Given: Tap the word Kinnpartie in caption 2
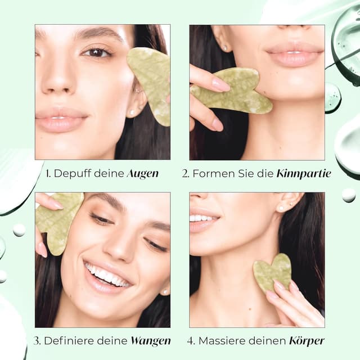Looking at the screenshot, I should click(303, 174).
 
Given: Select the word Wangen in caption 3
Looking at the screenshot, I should click(150, 341).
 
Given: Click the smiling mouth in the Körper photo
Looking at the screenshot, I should click(204, 219).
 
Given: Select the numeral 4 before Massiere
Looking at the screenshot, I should click(191, 341).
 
